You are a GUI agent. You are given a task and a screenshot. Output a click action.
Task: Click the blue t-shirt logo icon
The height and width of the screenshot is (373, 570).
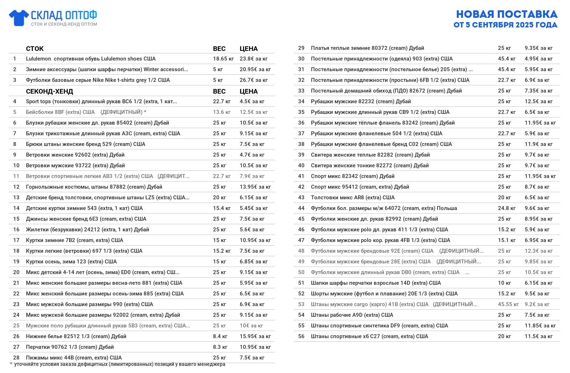(19, 18)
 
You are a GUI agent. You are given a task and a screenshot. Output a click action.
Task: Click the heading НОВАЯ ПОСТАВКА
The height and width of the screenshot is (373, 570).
(507, 14)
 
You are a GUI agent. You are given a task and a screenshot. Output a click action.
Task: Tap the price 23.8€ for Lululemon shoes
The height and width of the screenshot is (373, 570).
(253, 59)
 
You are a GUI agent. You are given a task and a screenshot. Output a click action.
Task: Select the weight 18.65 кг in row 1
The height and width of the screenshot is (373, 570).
(223, 59)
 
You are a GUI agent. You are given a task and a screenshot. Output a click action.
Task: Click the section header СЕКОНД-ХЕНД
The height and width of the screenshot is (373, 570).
(50, 91)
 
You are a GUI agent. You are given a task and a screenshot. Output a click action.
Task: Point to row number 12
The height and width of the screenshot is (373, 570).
(16, 187)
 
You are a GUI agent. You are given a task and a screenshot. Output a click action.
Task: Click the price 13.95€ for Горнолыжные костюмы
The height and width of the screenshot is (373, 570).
(255, 187)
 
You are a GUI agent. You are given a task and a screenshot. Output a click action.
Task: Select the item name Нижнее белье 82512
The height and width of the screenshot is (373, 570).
(76, 336)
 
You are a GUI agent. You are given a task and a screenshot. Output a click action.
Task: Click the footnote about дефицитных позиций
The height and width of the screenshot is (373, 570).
(119, 364)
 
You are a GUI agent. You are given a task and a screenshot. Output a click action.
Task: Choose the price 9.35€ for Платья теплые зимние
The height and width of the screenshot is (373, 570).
(538, 48)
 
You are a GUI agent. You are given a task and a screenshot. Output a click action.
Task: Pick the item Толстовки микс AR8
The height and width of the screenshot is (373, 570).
(352, 198)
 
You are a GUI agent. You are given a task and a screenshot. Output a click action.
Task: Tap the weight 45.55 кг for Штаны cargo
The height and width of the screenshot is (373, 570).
(508, 304)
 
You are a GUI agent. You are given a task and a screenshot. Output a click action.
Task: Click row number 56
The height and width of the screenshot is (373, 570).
(301, 336)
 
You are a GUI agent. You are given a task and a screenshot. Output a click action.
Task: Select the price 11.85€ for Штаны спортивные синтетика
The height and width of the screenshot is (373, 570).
(540, 326)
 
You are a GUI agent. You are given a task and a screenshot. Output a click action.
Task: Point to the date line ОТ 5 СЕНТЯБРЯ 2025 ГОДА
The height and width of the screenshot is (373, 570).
(505, 25)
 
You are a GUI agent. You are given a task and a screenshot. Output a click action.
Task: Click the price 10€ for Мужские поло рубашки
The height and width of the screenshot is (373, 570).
(251, 326)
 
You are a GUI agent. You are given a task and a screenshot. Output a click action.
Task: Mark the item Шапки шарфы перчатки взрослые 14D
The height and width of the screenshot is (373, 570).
(375, 283)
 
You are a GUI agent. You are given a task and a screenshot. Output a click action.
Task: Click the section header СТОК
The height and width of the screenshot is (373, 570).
(35, 49)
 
